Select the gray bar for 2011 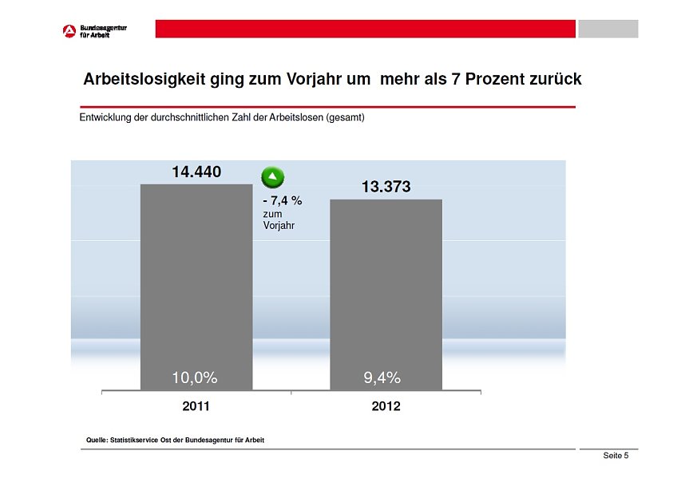click(196, 287)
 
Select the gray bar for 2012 click(386, 295)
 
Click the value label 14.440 click(196, 172)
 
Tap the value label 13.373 click(386, 187)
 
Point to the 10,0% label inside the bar click(195, 377)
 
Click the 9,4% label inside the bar click(382, 377)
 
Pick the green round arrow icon click(273, 177)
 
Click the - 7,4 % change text click(283, 201)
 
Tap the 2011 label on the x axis click(196, 406)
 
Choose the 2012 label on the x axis click(386, 406)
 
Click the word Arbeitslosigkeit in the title click(145, 80)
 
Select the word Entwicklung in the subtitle click(106, 118)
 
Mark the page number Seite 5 click(616, 456)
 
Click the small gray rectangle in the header click(608, 29)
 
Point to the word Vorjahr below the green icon click(279, 226)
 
